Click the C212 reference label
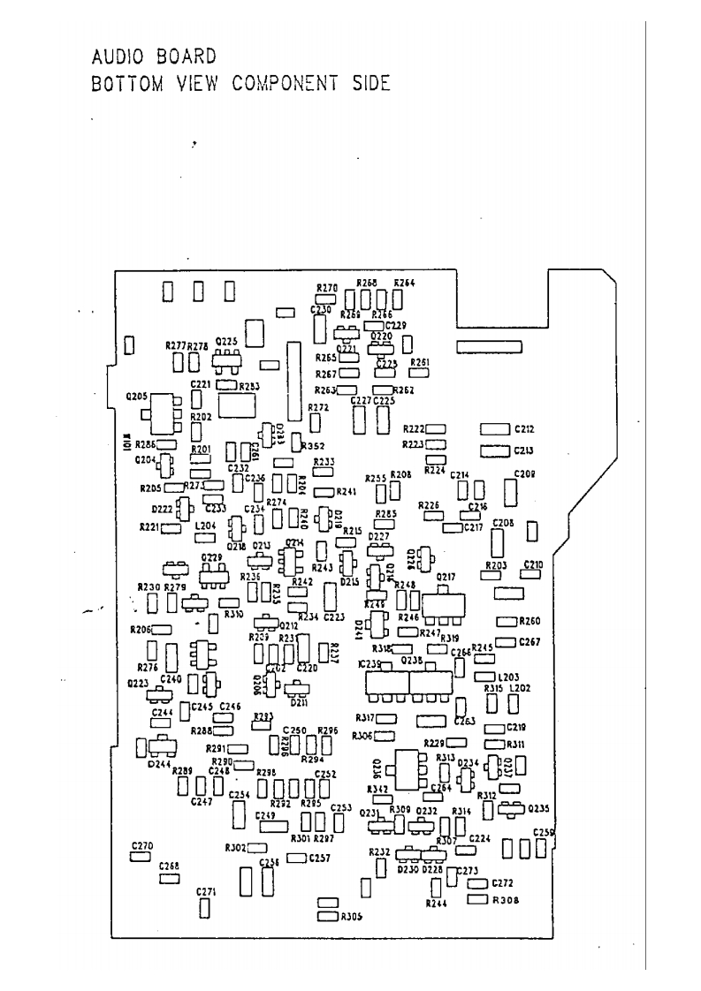click(524, 430)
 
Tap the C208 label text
click(525, 474)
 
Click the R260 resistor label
click(529, 621)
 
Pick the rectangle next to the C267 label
click(506, 642)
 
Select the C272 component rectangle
click(477, 883)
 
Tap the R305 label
click(351, 916)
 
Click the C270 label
click(141, 846)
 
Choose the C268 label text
click(169, 866)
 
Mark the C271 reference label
click(205, 892)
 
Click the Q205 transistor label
click(138, 397)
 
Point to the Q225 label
click(225, 341)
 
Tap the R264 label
click(405, 284)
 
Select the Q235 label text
click(537, 808)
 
